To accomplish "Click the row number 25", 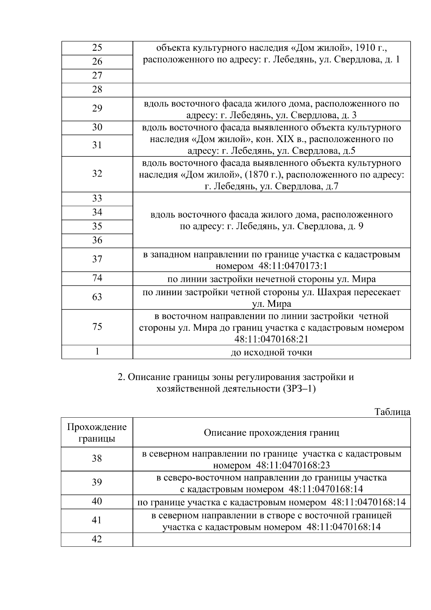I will (97, 48).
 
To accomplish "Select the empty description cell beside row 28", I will (272, 90).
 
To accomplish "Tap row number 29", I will (97, 109).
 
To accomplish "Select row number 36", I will (97, 240).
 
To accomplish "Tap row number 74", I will (97, 278).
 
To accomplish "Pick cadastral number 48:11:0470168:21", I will (271, 339).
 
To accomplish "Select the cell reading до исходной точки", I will (271, 352).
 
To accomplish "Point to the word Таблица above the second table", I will (392, 412).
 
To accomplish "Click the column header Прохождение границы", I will (97, 432).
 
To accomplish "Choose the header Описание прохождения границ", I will (271, 432).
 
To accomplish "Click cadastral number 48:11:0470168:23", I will (293, 465).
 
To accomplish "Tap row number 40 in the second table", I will (97, 501).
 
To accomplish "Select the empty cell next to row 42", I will (272, 540).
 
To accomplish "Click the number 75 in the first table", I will (97, 327).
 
